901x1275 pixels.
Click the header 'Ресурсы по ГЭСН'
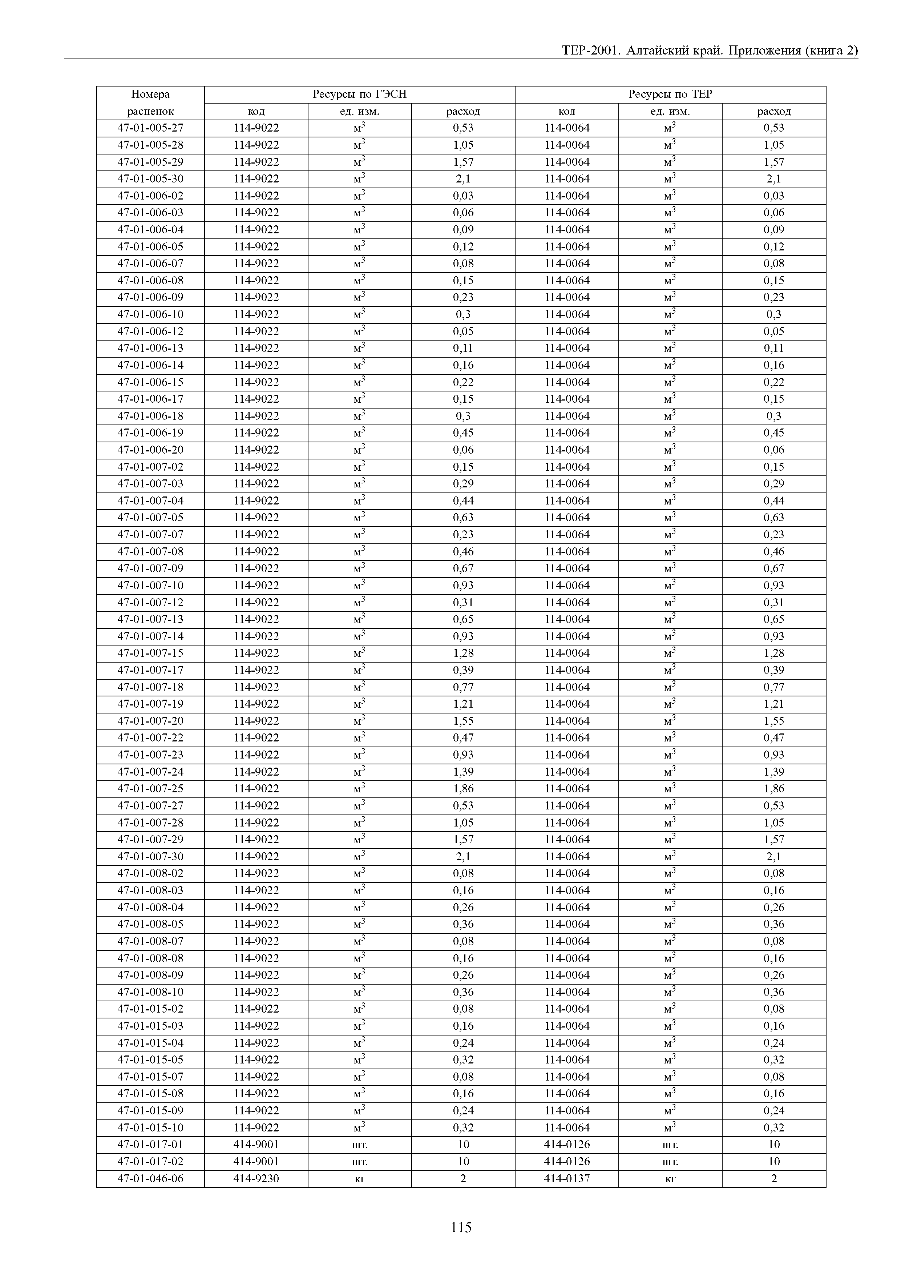[359, 94]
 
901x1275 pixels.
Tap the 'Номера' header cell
[150, 94]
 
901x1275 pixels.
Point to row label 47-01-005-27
[150, 128]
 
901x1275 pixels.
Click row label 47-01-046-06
[150, 1178]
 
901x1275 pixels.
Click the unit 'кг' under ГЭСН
[360, 1178]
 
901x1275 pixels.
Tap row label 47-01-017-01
[150, 1145]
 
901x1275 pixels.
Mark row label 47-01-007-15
[150, 653]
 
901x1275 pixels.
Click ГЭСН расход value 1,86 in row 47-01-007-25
[464, 789]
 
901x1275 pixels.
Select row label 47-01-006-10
[150, 314]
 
